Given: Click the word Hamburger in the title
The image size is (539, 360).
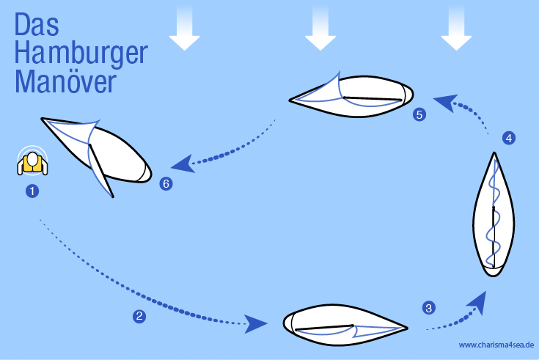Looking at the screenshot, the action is coord(81,54).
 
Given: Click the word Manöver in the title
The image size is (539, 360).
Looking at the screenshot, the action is coord(65,81).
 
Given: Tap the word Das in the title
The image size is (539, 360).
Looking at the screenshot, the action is coord(37,24).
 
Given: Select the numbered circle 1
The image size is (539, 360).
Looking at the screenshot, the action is coord(32,191).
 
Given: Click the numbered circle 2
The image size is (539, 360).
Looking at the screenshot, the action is coord(139,316).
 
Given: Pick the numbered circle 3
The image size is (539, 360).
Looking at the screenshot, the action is coord(429,307).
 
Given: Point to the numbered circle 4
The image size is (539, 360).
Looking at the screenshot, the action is coord(509,138).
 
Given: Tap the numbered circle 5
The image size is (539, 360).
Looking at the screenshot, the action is coord(419,114).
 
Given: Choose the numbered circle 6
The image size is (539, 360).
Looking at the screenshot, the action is coord(166,183).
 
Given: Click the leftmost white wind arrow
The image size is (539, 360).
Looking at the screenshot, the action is coord(185,29).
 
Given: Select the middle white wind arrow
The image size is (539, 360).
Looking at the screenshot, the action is coord(320,29).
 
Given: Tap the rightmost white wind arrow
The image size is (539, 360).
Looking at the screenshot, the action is coord(456,29).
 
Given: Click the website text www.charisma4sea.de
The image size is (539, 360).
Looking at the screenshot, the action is coord(496,345).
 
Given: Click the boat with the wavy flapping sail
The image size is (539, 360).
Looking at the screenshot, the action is coord(494,215).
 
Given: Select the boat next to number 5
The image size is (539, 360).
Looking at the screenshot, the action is coord(351,95).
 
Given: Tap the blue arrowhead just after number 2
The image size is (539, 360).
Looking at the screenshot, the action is coord(255,323).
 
